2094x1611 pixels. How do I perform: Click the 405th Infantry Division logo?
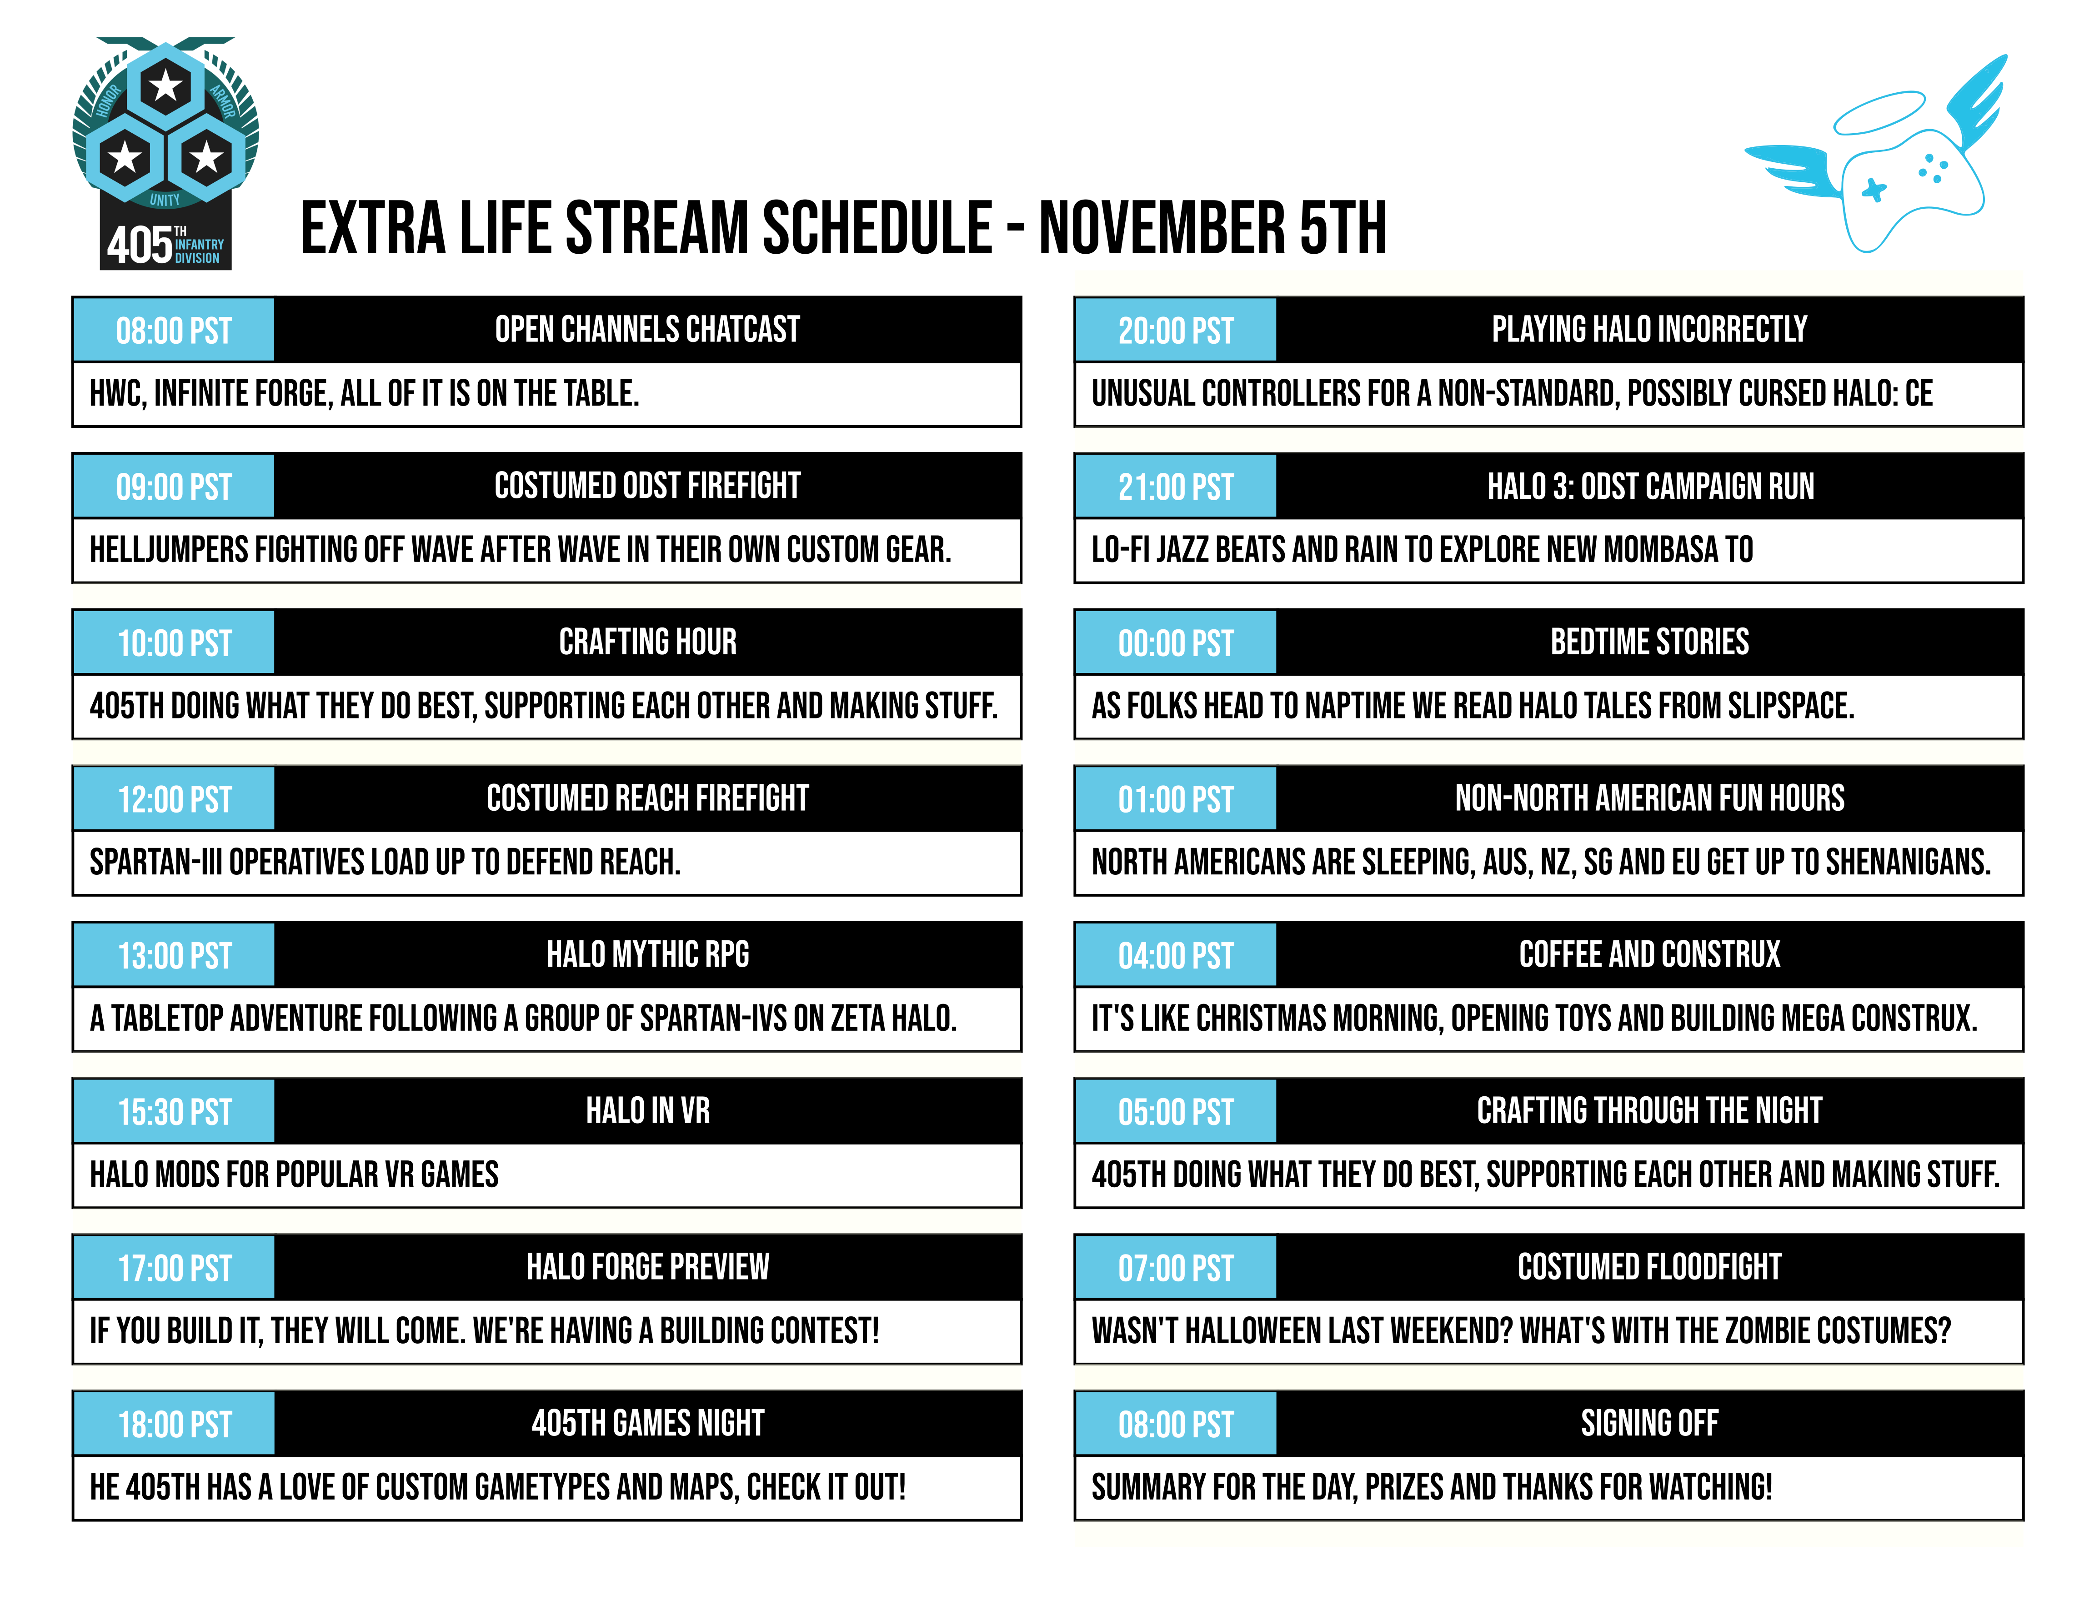166,153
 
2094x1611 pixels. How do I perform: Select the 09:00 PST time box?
174,486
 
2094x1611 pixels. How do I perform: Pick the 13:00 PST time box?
174,955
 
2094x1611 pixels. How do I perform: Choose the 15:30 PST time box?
174,1111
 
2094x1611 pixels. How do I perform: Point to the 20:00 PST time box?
1176,330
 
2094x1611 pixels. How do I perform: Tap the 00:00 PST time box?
1176,642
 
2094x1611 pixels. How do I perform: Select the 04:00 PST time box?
1176,955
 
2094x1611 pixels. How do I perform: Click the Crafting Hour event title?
648,642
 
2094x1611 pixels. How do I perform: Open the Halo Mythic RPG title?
648,954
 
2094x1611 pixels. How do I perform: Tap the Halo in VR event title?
648,1110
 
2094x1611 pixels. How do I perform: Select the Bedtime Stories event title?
1650,642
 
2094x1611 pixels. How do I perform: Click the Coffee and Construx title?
1650,954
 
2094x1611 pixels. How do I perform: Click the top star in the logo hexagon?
166,86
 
